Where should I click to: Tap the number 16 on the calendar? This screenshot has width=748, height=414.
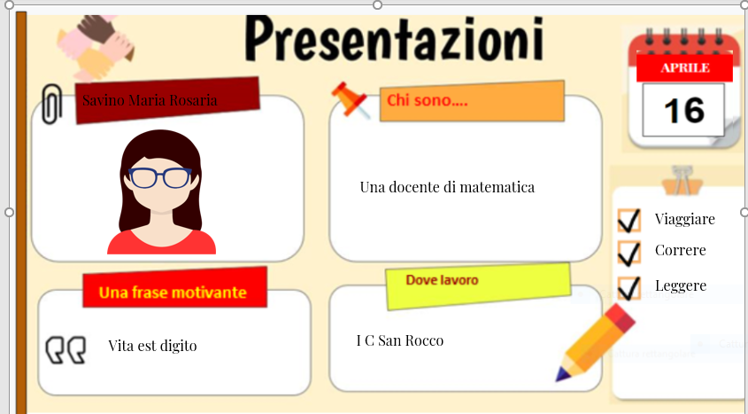[683, 110]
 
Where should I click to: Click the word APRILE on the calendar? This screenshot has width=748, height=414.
[684, 67]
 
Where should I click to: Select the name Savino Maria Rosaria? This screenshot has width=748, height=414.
[150, 100]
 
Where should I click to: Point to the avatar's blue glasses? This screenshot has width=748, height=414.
[160, 177]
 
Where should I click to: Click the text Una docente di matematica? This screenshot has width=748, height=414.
[447, 187]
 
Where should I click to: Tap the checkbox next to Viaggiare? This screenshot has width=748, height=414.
[629, 220]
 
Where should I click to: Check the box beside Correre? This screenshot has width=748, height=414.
[629, 253]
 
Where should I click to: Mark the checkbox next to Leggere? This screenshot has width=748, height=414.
[629, 287]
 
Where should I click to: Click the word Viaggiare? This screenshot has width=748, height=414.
[684, 219]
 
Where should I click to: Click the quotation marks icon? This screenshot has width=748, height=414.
[66, 350]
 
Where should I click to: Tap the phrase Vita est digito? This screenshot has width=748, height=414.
[152, 346]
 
